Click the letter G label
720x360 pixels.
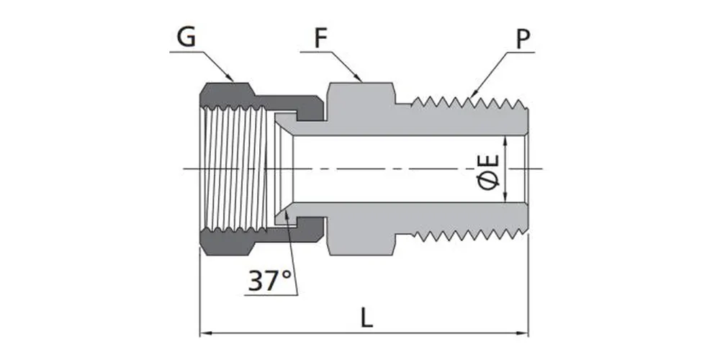click(x=186, y=38)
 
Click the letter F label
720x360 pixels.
click(x=321, y=38)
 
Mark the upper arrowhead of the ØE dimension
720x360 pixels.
click(x=508, y=140)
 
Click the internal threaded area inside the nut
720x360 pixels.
click(x=234, y=169)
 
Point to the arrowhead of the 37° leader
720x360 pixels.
click(x=287, y=216)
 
